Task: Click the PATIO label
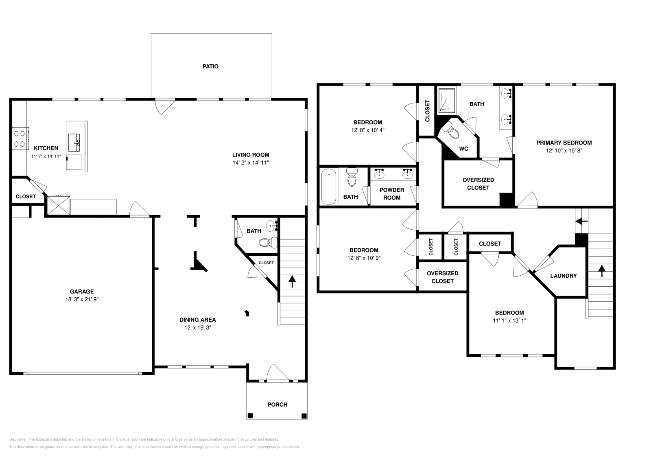(210, 66)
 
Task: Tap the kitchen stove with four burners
(20, 138)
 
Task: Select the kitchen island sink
(74, 143)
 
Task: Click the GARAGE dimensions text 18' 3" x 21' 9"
(82, 299)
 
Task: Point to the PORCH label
(277, 404)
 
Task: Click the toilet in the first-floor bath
(268, 242)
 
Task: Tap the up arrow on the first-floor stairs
(292, 281)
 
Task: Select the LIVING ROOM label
(251, 155)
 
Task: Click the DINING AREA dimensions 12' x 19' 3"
(198, 327)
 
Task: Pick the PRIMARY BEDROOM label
(564, 143)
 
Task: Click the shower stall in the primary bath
(447, 100)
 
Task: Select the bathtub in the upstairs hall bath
(328, 187)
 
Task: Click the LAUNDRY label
(563, 276)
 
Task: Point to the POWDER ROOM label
(392, 194)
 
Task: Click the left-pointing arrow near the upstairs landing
(581, 222)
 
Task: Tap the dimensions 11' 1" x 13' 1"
(509, 321)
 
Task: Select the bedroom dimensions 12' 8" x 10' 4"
(368, 130)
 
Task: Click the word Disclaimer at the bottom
(18, 439)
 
